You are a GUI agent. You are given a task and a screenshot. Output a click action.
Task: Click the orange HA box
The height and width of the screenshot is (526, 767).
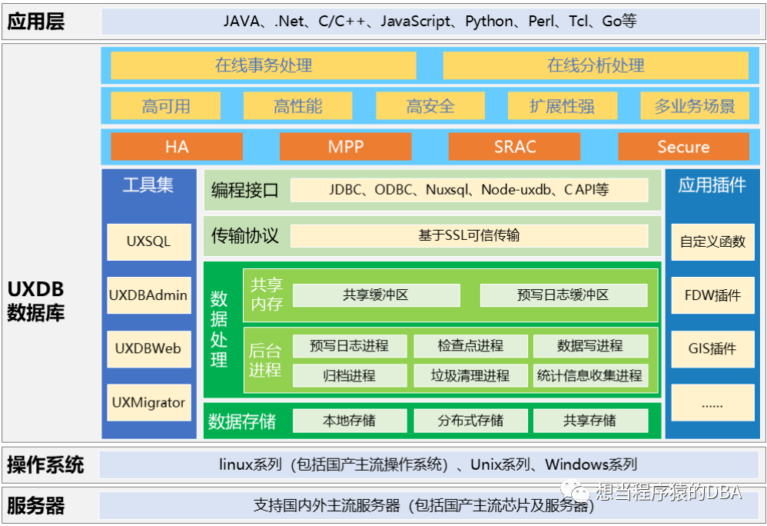(177, 146)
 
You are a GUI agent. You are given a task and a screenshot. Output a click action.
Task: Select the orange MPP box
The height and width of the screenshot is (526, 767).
(345, 146)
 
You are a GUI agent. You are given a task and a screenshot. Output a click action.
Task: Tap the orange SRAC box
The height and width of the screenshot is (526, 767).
(515, 146)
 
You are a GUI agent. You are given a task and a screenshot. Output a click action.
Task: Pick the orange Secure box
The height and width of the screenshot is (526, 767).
(683, 146)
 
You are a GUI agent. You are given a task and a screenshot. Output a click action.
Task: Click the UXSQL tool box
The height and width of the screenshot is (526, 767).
(149, 241)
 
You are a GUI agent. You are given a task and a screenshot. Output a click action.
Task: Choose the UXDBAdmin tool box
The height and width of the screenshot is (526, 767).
(149, 295)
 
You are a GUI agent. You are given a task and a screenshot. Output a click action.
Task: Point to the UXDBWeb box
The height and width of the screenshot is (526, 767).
(149, 349)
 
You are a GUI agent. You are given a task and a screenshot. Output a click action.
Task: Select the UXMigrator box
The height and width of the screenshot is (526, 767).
(149, 402)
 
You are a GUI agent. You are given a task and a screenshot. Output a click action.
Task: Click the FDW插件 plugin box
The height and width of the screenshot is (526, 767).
(712, 295)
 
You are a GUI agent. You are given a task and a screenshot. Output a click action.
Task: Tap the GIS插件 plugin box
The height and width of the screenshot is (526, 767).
(712, 349)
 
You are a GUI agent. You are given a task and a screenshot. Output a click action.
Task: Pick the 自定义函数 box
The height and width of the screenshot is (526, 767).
(712, 241)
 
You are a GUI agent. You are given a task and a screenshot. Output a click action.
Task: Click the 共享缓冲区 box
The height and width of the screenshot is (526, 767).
(376, 295)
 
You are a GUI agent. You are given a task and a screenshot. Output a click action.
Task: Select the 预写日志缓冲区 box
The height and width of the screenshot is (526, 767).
(563, 295)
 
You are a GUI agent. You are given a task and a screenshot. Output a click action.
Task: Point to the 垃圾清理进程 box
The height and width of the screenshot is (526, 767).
(470, 375)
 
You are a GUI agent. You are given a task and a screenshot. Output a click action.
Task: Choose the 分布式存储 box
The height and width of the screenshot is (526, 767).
(470, 421)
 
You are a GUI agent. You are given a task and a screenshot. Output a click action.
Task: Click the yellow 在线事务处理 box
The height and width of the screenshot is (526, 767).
(264, 65)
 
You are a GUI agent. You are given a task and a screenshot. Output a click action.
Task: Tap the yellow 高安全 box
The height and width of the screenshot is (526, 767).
(430, 105)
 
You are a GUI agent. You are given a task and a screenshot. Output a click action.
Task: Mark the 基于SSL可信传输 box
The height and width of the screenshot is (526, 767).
(469, 236)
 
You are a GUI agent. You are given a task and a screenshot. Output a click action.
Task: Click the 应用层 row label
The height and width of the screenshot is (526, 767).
(35, 22)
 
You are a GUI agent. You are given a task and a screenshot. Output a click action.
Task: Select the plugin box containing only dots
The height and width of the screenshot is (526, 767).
(712, 402)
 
